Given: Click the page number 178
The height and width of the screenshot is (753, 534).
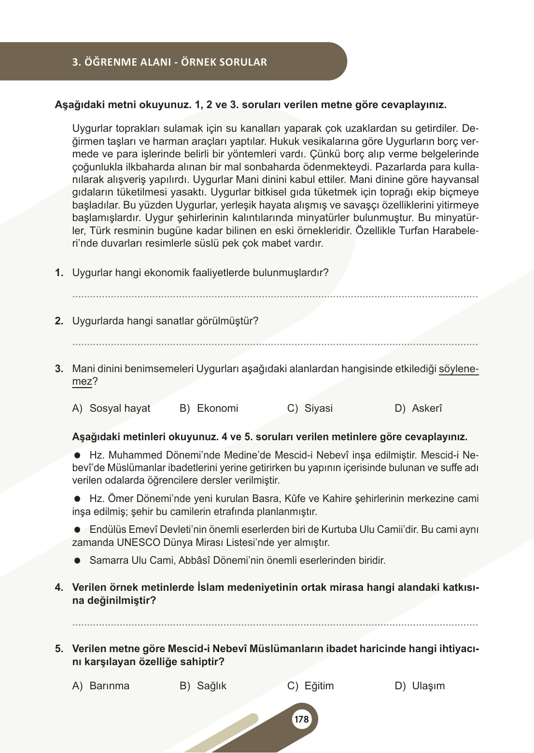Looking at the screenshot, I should click(x=301, y=719).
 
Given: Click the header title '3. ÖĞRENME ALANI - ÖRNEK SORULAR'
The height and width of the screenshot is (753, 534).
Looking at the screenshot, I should click(x=169, y=62).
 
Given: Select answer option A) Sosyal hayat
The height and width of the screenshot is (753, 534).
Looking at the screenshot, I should click(x=111, y=408).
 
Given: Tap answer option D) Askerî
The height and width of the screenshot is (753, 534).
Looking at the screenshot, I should click(x=418, y=408).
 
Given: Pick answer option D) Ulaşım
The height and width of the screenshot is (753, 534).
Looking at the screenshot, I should click(x=420, y=686).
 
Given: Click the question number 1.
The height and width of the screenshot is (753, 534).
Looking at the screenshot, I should click(x=59, y=273).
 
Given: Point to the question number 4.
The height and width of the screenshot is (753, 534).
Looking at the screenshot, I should click(x=59, y=587).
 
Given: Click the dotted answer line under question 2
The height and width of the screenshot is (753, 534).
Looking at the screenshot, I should click(x=275, y=345).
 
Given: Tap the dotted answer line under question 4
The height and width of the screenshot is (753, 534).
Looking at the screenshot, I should click(x=275, y=625).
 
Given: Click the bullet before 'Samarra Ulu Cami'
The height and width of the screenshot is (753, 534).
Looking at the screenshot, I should click(x=77, y=561).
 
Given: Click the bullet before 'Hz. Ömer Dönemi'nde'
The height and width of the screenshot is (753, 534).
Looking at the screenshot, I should click(x=77, y=499).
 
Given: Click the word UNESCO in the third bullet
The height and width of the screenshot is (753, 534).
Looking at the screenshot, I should click(x=139, y=543).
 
